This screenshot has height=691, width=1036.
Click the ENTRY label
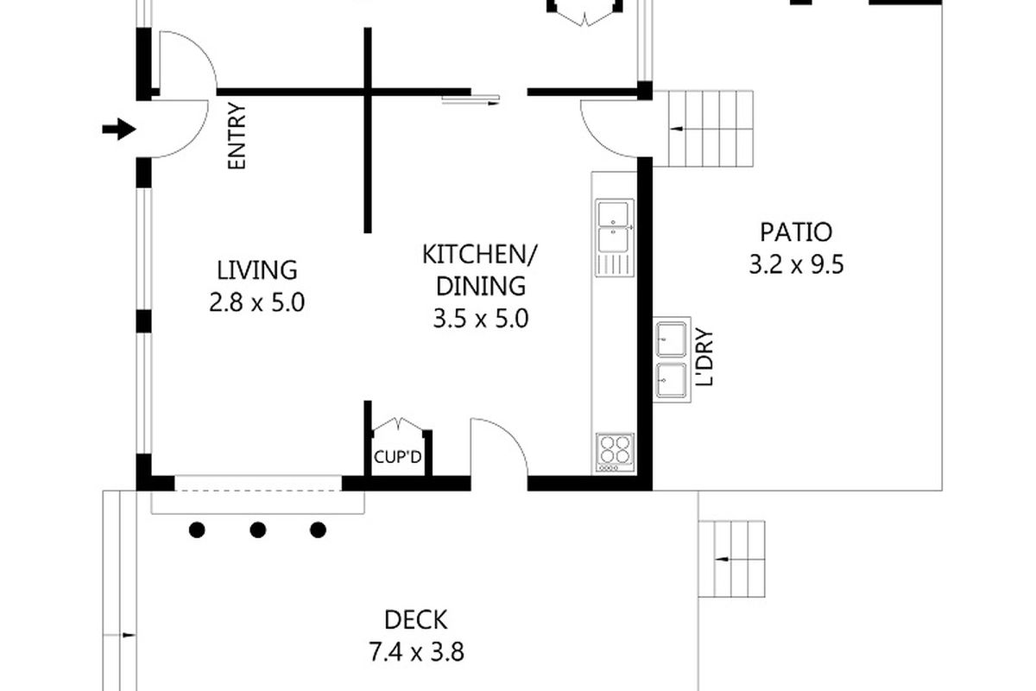(x=237, y=136)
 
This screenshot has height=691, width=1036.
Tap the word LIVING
(x=257, y=270)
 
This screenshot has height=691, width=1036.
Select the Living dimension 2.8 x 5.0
(x=257, y=303)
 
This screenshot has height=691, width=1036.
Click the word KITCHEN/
(x=480, y=254)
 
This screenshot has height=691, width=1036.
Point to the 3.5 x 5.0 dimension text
(x=481, y=319)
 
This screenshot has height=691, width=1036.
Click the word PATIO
(x=796, y=232)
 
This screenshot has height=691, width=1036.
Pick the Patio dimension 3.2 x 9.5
(x=796, y=265)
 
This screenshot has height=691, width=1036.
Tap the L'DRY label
(x=704, y=357)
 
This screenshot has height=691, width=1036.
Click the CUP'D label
(x=398, y=457)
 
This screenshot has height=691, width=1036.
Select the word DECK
(x=416, y=619)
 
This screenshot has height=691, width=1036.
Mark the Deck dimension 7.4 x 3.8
(x=416, y=653)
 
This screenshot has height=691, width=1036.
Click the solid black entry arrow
(x=119, y=129)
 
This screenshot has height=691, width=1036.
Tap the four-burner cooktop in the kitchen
(x=615, y=453)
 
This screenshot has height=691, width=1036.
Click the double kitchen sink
(x=614, y=238)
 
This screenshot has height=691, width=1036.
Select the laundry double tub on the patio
(x=672, y=359)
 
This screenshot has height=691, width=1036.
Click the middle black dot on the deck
(x=257, y=530)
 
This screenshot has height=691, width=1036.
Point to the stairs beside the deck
(x=731, y=559)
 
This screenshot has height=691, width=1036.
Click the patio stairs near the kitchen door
(x=711, y=129)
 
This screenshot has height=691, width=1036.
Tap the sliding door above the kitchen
(x=471, y=100)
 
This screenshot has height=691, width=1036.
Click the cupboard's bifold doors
(x=398, y=425)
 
